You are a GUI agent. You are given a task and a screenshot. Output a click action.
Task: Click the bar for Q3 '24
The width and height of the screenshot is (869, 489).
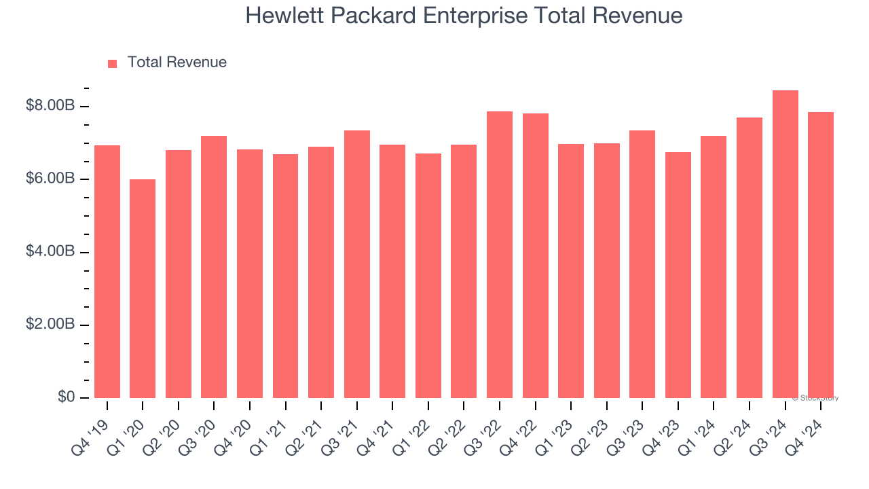[785, 244]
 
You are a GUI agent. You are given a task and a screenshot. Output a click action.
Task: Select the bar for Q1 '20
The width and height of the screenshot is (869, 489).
[143, 289]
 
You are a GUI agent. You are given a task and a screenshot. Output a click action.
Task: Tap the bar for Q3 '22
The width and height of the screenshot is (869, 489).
[500, 255]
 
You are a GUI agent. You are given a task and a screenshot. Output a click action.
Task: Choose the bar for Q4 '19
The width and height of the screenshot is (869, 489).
[107, 272]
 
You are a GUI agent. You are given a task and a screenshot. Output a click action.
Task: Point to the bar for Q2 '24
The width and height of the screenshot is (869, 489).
[750, 258]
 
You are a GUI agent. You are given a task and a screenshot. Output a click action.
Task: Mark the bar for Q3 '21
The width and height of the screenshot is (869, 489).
[357, 264]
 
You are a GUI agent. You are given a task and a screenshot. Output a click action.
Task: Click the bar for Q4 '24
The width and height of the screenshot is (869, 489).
[821, 255]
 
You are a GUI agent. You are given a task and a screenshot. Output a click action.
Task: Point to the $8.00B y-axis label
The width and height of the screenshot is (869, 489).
[50, 106]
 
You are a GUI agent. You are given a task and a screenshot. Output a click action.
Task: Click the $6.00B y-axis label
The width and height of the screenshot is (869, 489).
[50, 179]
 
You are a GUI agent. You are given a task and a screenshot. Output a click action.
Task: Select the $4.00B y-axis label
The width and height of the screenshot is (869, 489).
[50, 251]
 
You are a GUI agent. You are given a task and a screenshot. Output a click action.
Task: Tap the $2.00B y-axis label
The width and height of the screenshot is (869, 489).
[50, 324]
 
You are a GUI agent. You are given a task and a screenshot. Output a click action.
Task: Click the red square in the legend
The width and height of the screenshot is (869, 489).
[113, 63]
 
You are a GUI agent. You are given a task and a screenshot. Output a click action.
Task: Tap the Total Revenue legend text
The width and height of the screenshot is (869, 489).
[177, 62]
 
